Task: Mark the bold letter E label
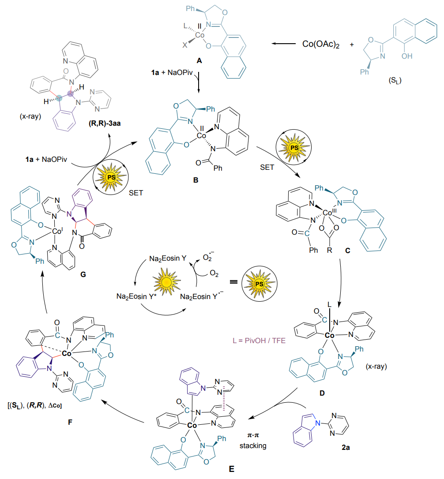click(x=232, y=468)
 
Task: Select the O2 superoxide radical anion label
click(x=207, y=256)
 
